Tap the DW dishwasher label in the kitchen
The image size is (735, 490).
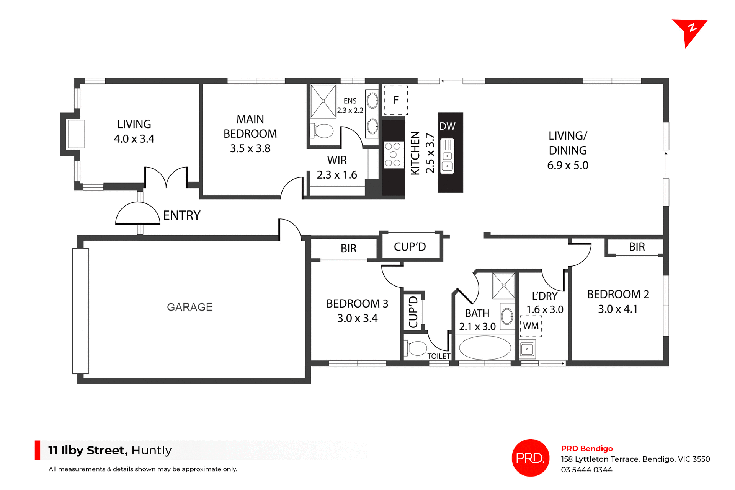point(447,126)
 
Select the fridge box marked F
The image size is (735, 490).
point(396,100)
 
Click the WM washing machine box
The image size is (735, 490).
point(531,326)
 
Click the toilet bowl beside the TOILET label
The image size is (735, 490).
point(416,348)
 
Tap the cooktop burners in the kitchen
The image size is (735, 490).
point(393,155)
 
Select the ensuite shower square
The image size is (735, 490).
point(323,101)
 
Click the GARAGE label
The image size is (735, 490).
point(189,307)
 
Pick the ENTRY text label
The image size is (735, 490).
point(181,215)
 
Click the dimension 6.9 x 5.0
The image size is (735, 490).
point(567,165)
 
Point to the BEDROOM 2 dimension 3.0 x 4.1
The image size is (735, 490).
point(617,309)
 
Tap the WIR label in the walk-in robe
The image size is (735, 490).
point(337,160)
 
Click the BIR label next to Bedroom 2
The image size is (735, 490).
point(637,247)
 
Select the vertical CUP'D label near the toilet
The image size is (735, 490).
point(413,312)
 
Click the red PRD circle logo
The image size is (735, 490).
point(530,457)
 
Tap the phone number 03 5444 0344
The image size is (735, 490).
point(586,470)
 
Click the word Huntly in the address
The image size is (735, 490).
point(151,450)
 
